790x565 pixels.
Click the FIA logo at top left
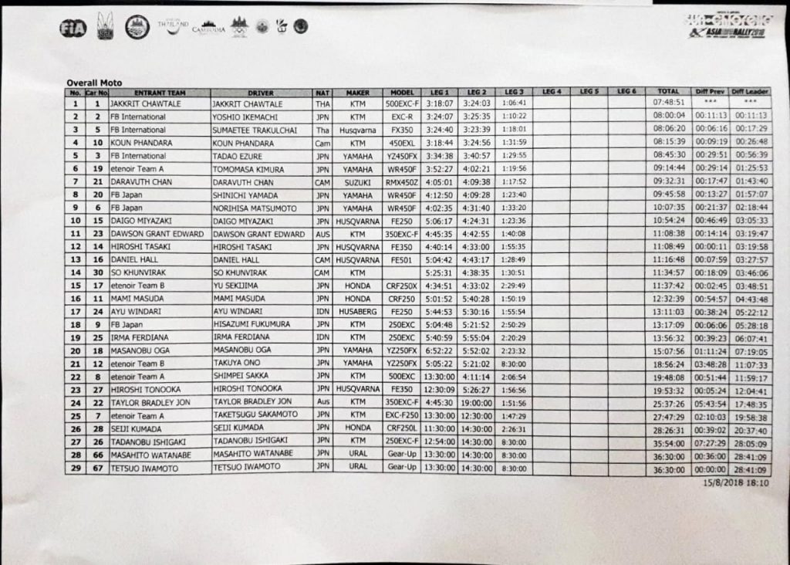point(72,29)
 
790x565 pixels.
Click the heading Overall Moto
point(93,83)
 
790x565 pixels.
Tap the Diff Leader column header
point(750,92)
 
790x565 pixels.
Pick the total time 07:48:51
point(669,102)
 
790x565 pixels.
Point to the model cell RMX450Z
point(403,182)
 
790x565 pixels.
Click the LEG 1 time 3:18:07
point(439,103)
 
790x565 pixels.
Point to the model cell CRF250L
point(403,429)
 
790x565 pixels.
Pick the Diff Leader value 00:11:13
point(751,116)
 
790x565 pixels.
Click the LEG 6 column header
point(626,91)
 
